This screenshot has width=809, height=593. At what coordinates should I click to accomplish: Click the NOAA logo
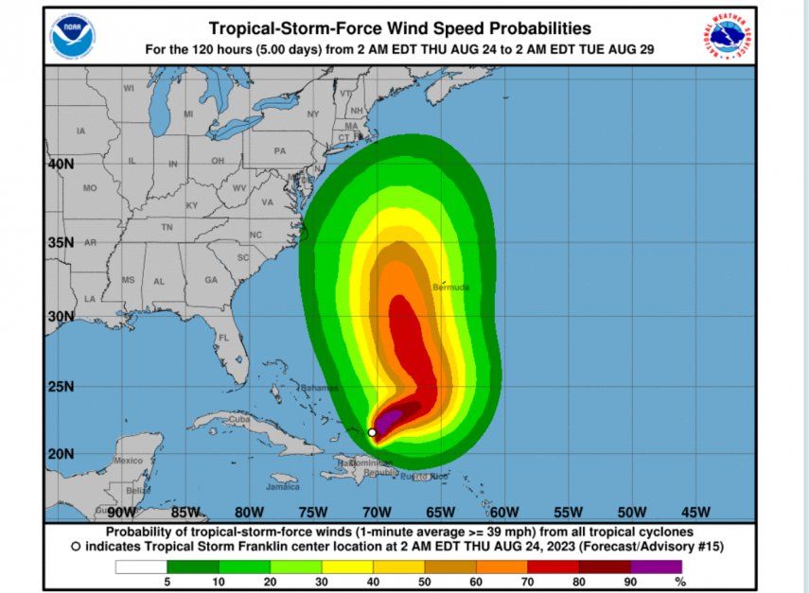tap(72, 35)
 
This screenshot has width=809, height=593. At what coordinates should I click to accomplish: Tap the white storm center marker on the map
tap(372, 432)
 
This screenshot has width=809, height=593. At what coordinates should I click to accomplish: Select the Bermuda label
tap(450, 287)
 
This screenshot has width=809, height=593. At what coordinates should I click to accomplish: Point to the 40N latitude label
tap(62, 163)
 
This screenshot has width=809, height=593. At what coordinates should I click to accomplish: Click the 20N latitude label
tap(62, 454)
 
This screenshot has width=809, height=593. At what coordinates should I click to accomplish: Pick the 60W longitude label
tap(504, 513)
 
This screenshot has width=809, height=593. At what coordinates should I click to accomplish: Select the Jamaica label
tap(283, 487)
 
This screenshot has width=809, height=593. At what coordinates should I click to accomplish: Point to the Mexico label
tap(128, 461)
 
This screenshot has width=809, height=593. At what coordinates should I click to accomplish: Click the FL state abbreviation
tap(224, 338)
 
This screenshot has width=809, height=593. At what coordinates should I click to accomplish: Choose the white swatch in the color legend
tap(141, 567)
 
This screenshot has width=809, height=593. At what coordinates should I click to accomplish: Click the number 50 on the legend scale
tap(425, 583)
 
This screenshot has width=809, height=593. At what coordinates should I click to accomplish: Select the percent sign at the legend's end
tap(680, 583)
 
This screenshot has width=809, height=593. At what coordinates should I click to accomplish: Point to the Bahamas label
tap(319, 388)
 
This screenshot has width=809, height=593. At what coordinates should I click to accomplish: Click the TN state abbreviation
tap(167, 227)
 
